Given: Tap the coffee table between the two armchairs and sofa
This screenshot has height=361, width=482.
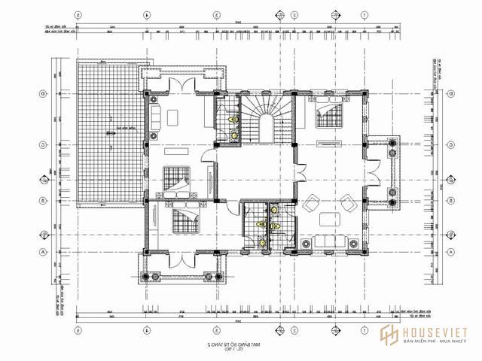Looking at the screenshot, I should click(x=328, y=219).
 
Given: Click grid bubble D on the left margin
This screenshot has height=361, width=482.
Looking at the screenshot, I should click(x=44, y=94).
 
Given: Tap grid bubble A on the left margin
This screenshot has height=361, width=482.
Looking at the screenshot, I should click(x=44, y=252).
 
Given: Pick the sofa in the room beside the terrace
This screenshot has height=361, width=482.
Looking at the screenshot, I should click(x=156, y=117).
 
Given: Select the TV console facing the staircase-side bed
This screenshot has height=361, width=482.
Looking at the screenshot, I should click(x=326, y=142).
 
